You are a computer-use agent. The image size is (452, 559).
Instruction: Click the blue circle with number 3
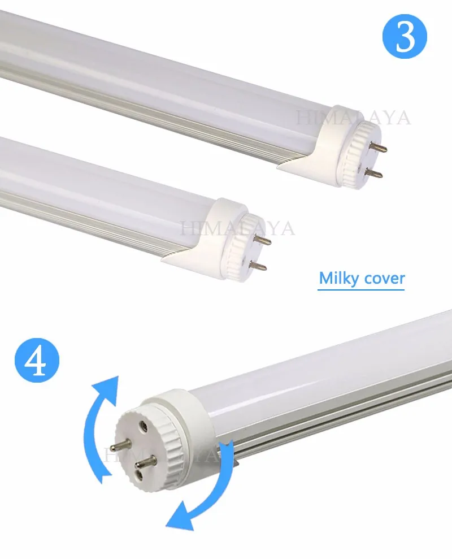click(x=404, y=36)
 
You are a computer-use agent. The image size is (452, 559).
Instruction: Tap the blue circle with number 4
click(x=37, y=360)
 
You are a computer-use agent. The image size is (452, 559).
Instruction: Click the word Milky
click(x=338, y=278)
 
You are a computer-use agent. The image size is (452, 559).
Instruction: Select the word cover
click(x=383, y=279)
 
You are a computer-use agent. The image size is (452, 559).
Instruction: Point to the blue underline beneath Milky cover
click(x=360, y=289)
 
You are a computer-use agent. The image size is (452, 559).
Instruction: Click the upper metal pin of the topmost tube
click(x=379, y=146)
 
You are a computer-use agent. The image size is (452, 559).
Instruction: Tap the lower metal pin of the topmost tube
click(x=374, y=174)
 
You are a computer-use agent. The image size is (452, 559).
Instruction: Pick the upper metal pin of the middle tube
click(x=263, y=240)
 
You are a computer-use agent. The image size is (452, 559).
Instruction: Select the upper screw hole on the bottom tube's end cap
click(x=144, y=424)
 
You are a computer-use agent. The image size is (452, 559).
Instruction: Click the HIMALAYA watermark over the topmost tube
click(x=353, y=118)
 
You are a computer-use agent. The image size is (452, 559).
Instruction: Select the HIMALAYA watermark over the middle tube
click(x=238, y=228)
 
